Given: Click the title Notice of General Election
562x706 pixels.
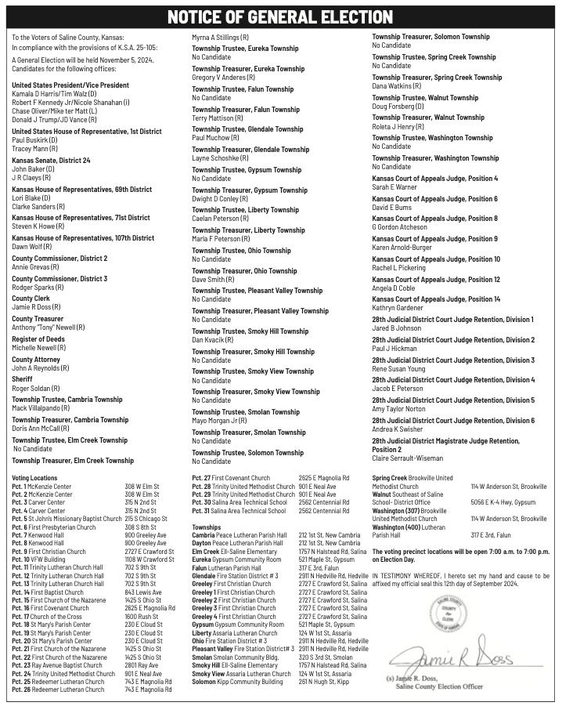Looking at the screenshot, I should pyautogui.click(x=280, y=17).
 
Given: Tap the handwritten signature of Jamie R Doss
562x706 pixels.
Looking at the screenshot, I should pyautogui.click(x=452, y=650).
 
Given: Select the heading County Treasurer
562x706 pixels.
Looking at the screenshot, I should pyautogui.click(x=37, y=319).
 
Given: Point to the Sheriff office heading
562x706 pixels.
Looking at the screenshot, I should pyautogui.click(x=22, y=379).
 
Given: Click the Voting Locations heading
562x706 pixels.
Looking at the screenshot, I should pyautogui.click(x=34, y=478).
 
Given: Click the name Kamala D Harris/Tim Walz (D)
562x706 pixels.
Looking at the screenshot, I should pyautogui.click(x=55, y=94).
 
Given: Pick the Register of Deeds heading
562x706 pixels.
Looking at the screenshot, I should pyautogui.click(x=39, y=339).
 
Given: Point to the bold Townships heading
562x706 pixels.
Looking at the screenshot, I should pyautogui.click(x=207, y=528).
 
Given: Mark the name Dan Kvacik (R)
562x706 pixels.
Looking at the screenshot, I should pyautogui.click(x=213, y=339).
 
